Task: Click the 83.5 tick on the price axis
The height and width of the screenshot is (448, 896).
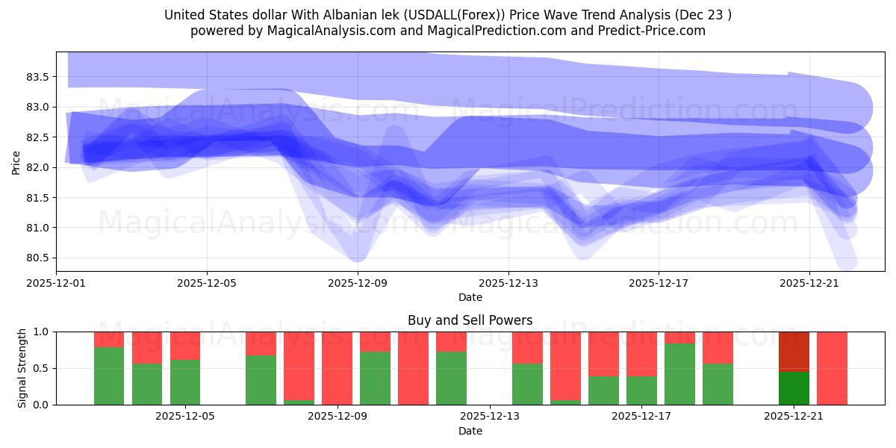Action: pyautogui.click(x=37, y=77)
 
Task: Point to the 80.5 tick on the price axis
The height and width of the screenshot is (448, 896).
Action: pyautogui.click(x=37, y=258)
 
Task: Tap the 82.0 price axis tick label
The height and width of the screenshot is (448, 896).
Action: pyautogui.click(x=37, y=167)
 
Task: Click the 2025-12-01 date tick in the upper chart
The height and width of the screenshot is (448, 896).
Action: pyautogui.click(x=57, y=283)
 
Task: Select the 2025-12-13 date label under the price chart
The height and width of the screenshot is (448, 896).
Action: pyautogui.click(x=508, y=283)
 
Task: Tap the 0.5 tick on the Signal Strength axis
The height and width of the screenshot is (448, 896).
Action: pyautogui.click(x=42, y=368)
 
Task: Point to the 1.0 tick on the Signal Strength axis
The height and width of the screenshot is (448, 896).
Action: pyautogui.click(x=42, y=332)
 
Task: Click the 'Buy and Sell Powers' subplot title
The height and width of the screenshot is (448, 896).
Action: pyautogui.click(x=470, y=320)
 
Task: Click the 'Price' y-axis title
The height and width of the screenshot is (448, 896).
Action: pyautogui.click(x=16, y=161)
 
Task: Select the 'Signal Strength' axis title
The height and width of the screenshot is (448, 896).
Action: pyautogui.click(x=22, y=368)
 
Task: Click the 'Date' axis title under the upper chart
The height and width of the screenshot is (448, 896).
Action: pyautogui.click(x=470, y=297)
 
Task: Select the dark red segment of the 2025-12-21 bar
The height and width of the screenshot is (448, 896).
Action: pyautogui.click(x=794, y=350)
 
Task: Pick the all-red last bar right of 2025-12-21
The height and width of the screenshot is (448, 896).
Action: pyautogui.click(x=832, y=368)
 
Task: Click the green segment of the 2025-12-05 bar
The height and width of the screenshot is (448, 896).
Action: pyautogui.click(x=185, y=382)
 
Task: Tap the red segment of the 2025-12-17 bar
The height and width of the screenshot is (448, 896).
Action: pyautogui.click(x=641, y=353)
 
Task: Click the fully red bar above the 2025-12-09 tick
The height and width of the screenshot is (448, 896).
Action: pyautogui.click(x=337, y=368)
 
